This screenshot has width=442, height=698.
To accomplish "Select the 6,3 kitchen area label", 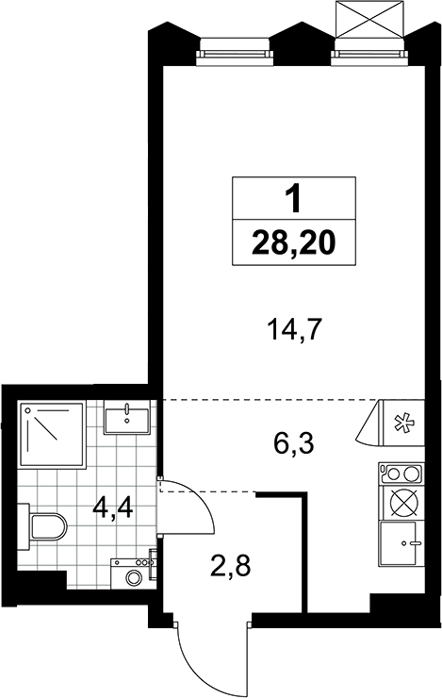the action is click(294, 443).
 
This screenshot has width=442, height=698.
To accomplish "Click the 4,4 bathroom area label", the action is click(112, 507).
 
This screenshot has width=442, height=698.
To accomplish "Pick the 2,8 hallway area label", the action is click(231, 566).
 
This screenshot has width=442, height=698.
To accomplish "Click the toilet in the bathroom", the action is click(42, 525).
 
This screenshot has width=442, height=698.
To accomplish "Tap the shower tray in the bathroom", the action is click(52, 435).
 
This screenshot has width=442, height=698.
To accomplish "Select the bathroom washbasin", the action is click(126, 417).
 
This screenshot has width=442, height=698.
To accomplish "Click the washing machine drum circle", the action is click(134, 578).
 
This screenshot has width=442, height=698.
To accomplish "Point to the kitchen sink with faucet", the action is click(401, 543).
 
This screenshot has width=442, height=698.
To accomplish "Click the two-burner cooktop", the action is click(401, 474).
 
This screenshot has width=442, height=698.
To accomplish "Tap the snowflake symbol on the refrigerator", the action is click(404, 423).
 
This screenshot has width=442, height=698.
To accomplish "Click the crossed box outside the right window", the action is click(370, 20).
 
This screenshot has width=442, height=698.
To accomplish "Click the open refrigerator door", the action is click(368, 422).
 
